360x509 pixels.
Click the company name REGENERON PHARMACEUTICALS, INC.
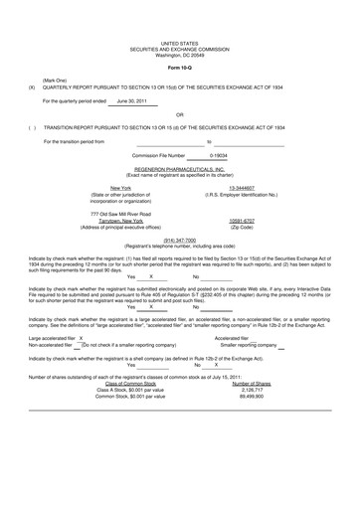(x=179, y=169)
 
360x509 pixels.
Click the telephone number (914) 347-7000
(x=179, y=240)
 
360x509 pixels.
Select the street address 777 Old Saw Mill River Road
(x=120, y=214)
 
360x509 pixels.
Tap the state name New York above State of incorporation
(x=120, y=187)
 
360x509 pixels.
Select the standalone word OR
(x=179, y=114)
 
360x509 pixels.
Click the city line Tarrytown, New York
(x=120, y=220)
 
